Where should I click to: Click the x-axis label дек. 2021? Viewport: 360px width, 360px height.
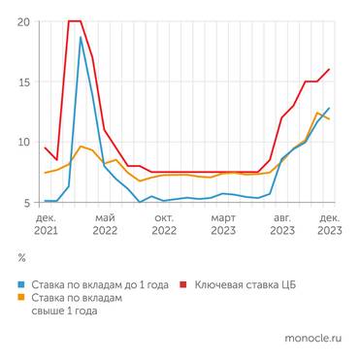pos(47,225)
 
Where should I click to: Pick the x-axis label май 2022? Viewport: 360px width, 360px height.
pos(106,225)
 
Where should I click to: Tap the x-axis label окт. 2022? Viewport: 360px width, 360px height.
pos(164,225)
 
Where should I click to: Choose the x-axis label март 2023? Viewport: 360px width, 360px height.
pos(223,225)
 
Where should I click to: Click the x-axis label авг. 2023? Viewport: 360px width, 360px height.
pos(282,225)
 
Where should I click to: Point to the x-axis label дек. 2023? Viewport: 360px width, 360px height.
pos(329,225)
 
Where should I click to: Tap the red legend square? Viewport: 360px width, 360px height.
pos(186,286)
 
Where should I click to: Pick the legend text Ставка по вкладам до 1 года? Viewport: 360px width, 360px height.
pos(100,286)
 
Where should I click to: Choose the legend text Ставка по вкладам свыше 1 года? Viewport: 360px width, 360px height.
pos(78,306)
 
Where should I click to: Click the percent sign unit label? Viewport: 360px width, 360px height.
pos(22,259)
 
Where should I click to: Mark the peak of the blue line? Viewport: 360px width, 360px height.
pos(81,38)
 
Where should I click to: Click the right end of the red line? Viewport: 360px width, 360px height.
pos(329,69)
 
